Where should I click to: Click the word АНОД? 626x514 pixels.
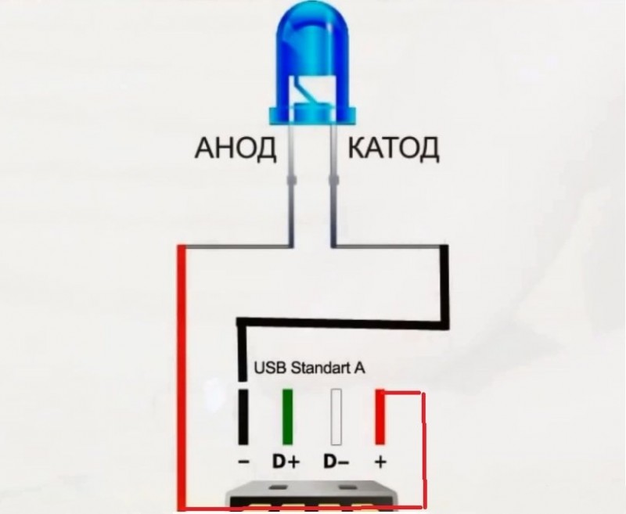236,149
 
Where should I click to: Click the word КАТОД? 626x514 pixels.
394,149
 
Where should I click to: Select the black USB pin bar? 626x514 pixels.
243,416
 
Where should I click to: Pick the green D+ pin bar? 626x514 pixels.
287,416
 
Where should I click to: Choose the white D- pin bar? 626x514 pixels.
336,416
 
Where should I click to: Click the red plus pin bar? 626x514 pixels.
380,416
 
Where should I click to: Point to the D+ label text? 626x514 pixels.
286,462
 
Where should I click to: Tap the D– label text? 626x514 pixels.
336,462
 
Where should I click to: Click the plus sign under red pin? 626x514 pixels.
380,462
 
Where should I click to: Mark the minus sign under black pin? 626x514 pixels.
243,462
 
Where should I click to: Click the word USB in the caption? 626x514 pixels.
270,368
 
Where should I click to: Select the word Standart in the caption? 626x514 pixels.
320,368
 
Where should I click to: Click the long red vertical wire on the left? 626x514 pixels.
182,377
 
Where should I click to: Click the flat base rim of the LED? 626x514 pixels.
312,115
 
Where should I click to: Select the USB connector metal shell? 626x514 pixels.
312,497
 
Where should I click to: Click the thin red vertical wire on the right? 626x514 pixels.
423,450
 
